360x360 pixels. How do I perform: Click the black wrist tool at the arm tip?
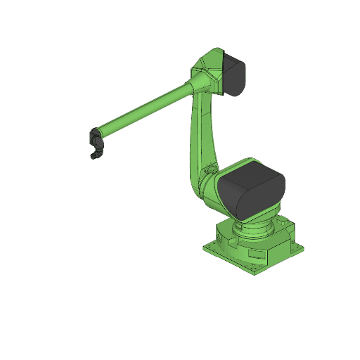(96, 143)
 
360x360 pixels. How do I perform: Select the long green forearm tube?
(144, 111)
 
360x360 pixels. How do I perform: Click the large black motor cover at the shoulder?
(250, 188)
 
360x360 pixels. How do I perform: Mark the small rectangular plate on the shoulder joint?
(209, 170)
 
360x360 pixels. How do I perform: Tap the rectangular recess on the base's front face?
(257, 262)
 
